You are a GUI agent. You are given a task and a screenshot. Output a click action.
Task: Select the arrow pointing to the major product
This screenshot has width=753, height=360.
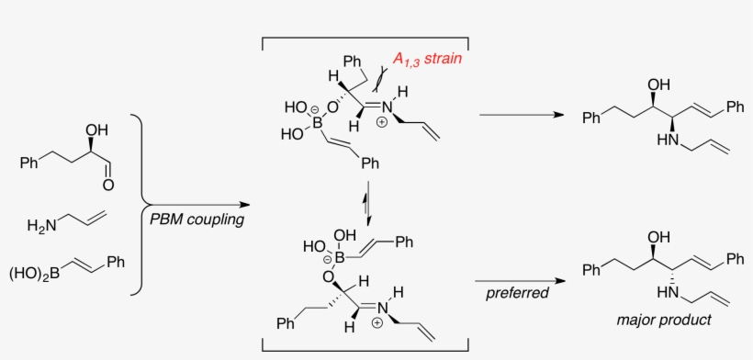pyautogui.click(x=519, y=281)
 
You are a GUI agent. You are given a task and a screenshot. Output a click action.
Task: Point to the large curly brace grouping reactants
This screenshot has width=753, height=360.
pyautogui.click(x=140, y=203)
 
